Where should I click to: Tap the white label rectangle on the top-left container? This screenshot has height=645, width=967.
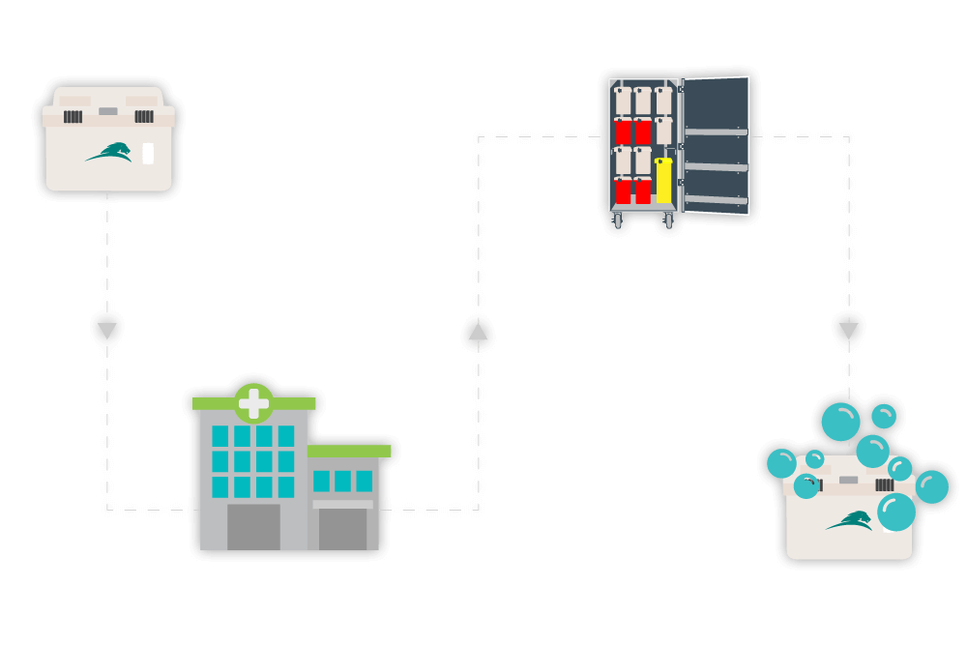coord(148,154)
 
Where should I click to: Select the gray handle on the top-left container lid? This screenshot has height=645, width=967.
coord(107,111)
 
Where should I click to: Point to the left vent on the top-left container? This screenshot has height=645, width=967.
coord(73,116)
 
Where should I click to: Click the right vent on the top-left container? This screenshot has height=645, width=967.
coord(143,116)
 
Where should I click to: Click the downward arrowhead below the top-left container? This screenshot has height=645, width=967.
coord(107,331)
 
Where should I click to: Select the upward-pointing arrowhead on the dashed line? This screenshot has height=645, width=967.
coord(478,332)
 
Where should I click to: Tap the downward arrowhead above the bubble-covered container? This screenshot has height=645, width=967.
coord(848,331)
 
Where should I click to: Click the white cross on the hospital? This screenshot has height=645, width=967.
coord(253,403)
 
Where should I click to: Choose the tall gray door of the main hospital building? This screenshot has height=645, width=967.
coord(253,527)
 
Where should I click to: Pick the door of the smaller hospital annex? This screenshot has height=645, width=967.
coord(342,529)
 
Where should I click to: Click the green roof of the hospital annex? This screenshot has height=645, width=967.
coord(349,451)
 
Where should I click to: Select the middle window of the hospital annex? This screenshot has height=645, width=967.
coord(342,481)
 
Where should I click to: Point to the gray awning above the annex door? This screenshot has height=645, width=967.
coord(342,504)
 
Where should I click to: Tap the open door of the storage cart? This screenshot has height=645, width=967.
coord(717,145)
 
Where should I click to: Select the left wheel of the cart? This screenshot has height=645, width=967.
coord(618,220)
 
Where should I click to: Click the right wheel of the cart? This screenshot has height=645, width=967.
coord(668,220)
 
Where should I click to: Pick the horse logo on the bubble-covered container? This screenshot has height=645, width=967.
coord(848,522)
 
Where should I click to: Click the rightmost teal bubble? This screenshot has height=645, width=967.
coord(932,486)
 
